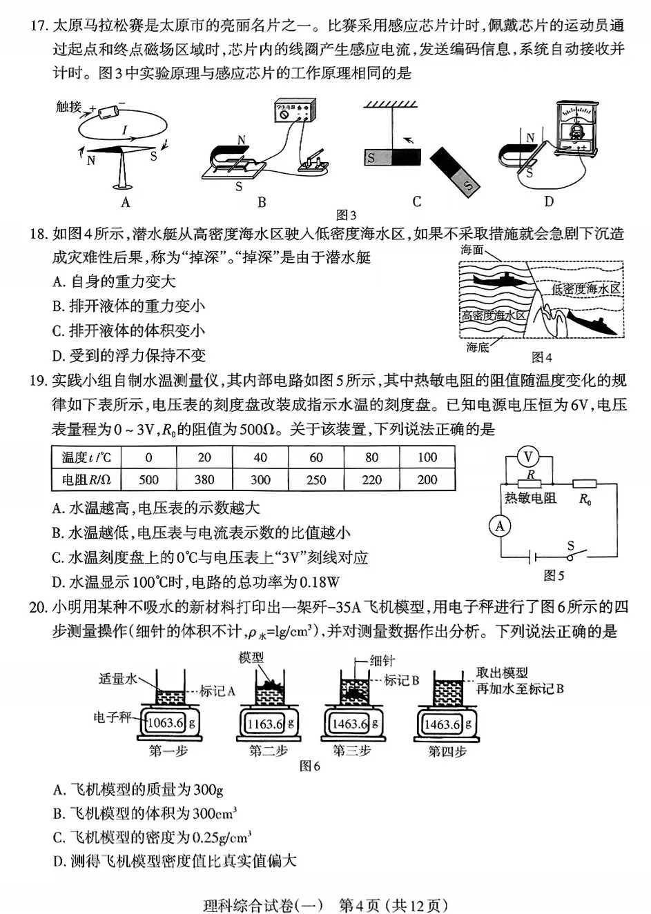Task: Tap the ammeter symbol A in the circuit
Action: click(499, 527)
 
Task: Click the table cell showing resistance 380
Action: click(204, 480)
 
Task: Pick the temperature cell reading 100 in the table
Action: click(427, 457)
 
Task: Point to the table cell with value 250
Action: click(316, 480)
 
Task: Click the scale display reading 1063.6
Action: click(166, 723)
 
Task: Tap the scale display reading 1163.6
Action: click(265, 724)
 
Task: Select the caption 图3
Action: click(346, 215)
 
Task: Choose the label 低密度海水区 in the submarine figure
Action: click(586, 289)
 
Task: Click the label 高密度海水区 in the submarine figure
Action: click(494, 315)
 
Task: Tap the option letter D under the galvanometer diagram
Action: click(549, 201)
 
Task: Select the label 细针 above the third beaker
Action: click(382, 660)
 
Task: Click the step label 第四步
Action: click(447, 751)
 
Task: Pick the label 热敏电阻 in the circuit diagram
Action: click(530, 498)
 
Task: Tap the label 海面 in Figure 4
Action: click(473, 250)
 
